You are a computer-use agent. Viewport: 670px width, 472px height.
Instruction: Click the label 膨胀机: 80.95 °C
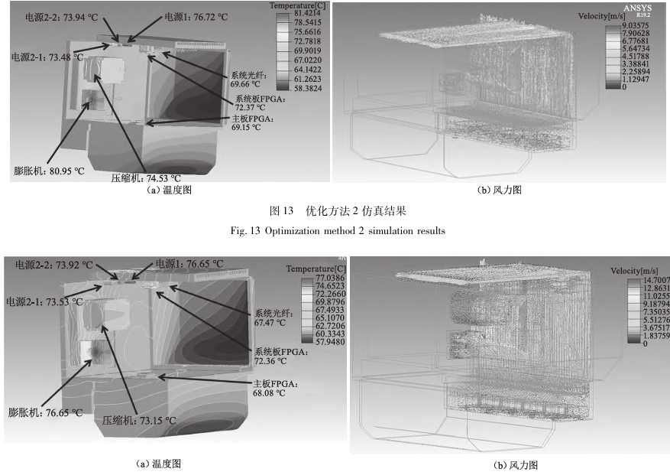coord(47,171)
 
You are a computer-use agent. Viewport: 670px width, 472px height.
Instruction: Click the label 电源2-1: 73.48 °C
coord(47,57)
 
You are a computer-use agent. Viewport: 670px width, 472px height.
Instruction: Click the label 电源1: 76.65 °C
coord(190,264)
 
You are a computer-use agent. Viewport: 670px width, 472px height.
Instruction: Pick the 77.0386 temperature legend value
coord(306,279)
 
